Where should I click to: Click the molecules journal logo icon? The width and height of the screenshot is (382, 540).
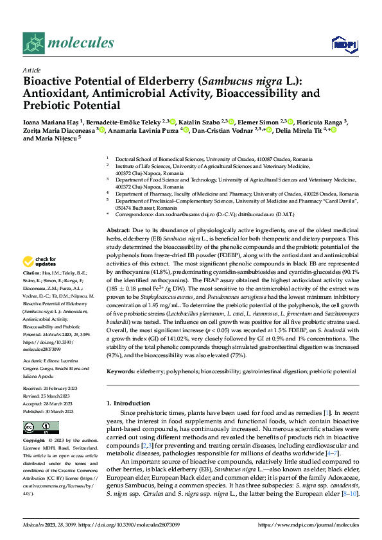coord(33,43)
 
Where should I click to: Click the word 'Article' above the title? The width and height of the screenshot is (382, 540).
coord(31,70)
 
